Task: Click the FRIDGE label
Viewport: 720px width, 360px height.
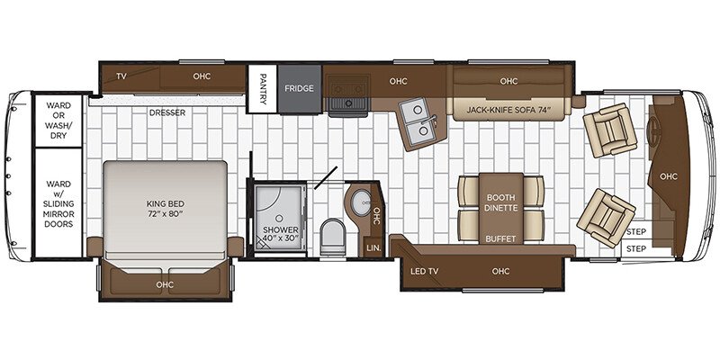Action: coord(299,88)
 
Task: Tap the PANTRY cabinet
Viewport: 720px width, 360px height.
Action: coord(262,88)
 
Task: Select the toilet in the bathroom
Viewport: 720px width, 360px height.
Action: coord(332,236)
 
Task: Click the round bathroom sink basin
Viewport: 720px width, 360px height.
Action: coord(362,203)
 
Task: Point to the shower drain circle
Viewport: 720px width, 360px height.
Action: coord(279,218)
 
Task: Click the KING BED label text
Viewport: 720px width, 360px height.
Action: coord(165,203)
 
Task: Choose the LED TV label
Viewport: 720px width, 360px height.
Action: coord(424,271)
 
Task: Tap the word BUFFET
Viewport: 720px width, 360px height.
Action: coord(500,238)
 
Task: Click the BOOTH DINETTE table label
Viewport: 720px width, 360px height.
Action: coord(500,203)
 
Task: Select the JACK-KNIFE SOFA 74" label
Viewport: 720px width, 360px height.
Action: coord(508,110)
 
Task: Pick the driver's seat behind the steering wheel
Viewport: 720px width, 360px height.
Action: coord(611,130)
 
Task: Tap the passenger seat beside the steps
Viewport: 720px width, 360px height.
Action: coord(605,218)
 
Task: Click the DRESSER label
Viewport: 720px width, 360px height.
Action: coord(167,112)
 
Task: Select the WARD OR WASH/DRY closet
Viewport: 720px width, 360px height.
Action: coord(58,121)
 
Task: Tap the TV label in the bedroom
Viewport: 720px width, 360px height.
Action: coord(121,76)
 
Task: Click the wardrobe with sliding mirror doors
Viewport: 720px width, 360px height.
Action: coord(58,203)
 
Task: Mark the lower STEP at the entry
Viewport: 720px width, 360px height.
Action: coord(636,249)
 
